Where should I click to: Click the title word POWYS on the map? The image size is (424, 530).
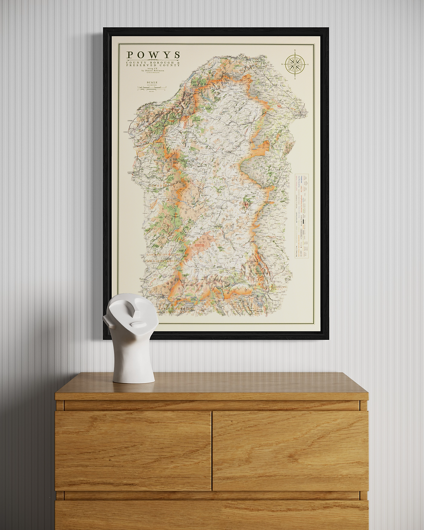pyautogui.click(x=153, y=55)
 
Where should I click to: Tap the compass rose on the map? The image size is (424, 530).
pyautogui.click(x=295, y=65)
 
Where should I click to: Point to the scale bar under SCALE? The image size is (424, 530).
pyautogui.click(x=152, y=88)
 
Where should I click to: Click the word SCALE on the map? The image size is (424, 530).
pyautogui.click(x=152, y=82)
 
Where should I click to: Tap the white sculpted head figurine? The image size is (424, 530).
pyautogui.click(x=132, y=337)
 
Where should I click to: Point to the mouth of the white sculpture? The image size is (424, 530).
pyautogui.click(x=137, y=325)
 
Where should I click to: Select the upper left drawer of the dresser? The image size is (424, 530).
pyautogui.click(x=133, y=450)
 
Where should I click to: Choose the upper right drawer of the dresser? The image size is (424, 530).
pyautogui.click(x=290, y=450)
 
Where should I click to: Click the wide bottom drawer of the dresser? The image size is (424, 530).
pyautogui.click(x=212, y=515)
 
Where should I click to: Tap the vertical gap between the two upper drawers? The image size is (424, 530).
pyautogui.click(x=212, y=450)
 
